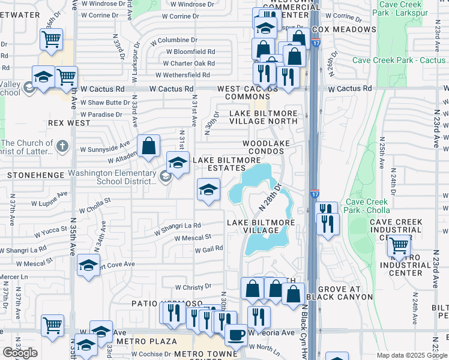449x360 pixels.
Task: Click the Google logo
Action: tap(20, 353)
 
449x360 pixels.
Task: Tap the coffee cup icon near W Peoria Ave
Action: tap(235, 334)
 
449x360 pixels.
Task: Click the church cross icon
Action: tap(62, 146)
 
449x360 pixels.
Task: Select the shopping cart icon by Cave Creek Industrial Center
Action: tap(399, 245)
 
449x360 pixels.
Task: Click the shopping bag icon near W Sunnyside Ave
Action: tap(148, 145)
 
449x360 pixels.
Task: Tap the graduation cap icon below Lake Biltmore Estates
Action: tap(208, 190)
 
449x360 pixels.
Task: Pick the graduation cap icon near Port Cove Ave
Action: tap(88, 266)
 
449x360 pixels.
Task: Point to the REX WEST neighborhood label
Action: tap(69, 123)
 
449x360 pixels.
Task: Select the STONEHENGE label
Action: tap(31, 175)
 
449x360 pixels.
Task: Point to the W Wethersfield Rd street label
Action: tap(182, 75)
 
